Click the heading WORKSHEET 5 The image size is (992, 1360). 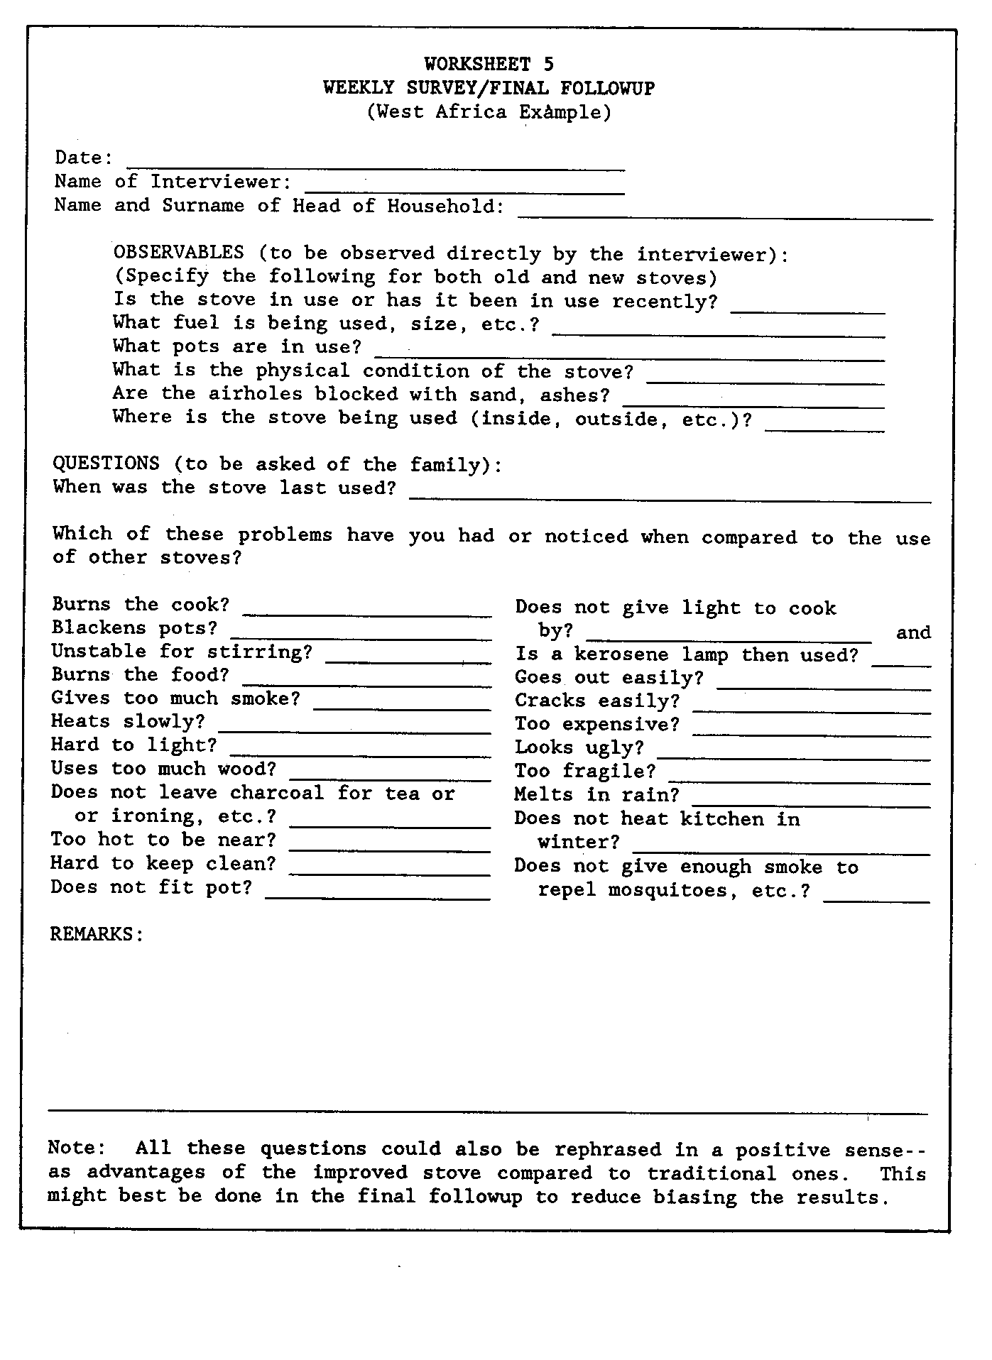tap(489, 65)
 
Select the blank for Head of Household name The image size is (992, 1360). tap(725, 214)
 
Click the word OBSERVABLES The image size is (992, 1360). tap(178, 253)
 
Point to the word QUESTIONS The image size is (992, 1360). tap(106, 464)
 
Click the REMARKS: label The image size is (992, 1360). tap(97, 934)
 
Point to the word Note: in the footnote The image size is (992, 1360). tap(77, 1148)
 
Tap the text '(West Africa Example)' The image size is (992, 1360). tap(489, 112)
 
